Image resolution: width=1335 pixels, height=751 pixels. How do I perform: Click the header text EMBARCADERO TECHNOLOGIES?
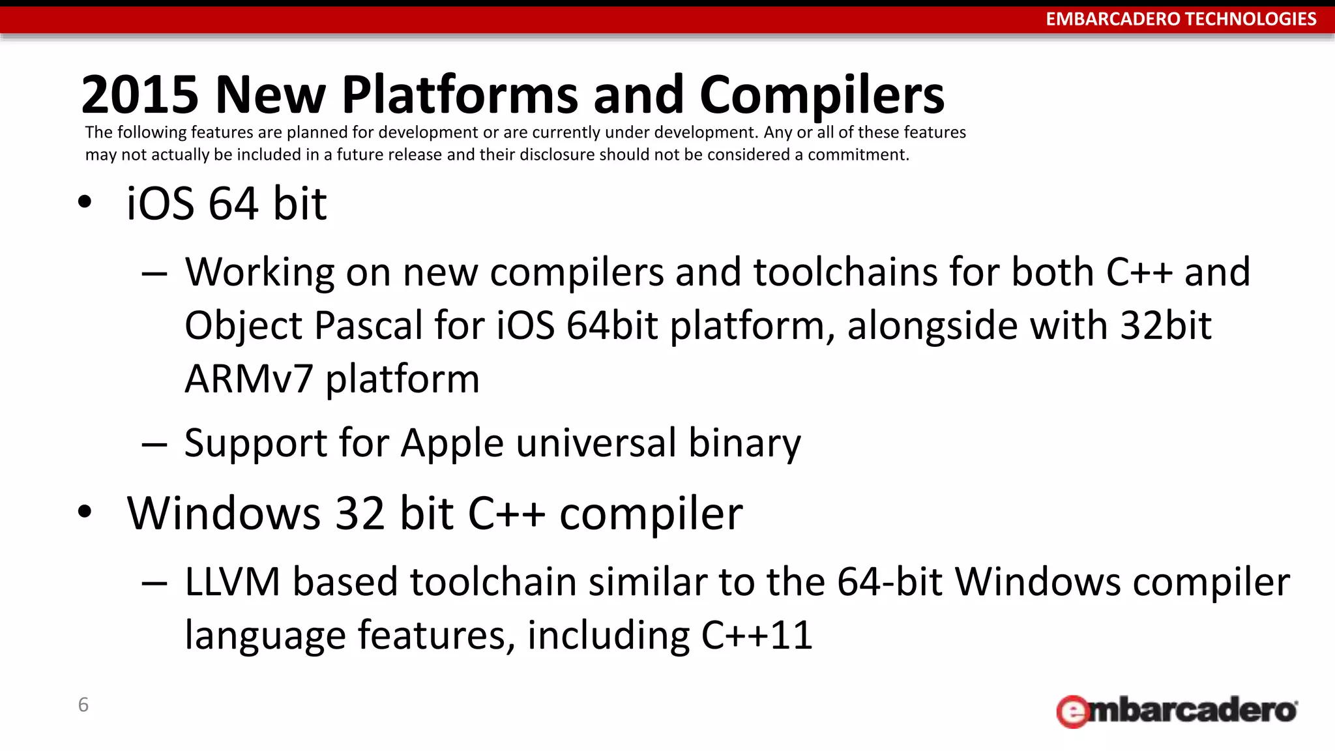click(1181, 19)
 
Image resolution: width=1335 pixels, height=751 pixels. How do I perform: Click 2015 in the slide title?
click(139, 95)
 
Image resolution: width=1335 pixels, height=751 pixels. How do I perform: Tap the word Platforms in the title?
click(460, 95)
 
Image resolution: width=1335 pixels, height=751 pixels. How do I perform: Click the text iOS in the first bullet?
click(160, 203)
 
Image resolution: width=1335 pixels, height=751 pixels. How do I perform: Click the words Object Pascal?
click(304, 325)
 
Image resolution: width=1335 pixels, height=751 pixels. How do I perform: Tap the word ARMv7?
click(249, 379)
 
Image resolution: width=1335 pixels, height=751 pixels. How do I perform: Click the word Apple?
click(452, 443)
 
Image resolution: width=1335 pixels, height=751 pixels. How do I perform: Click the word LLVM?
click(232, 582)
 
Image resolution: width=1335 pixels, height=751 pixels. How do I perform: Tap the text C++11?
click(756, 635)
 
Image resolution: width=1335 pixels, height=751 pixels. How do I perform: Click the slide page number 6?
click(83, 705)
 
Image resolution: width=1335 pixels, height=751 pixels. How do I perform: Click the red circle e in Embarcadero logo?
click(1072, 712)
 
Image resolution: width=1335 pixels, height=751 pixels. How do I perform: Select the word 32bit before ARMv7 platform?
click(1165, 325)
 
